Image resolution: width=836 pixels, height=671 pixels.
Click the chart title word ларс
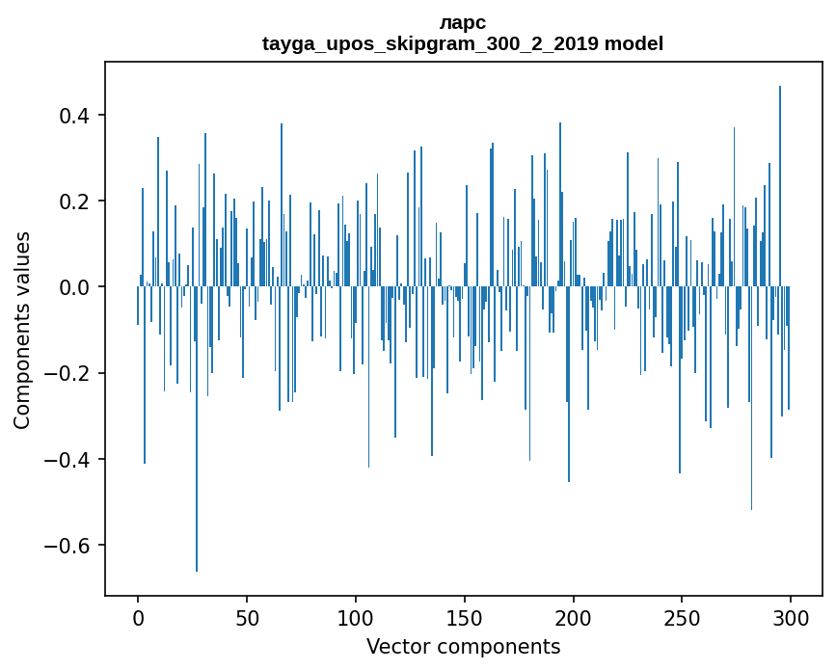click(463, 22)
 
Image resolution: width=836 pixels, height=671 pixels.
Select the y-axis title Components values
click(22, 330)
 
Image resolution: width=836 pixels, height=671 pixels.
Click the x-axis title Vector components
click(463, 646)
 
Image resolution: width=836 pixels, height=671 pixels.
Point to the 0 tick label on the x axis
click(138, 617)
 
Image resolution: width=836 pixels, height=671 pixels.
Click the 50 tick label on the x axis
click(247, 617)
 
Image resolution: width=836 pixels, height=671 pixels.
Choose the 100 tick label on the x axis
click(356, 617)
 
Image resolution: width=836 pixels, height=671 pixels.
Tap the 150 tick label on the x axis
click(465, 617)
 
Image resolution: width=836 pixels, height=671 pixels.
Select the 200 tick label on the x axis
click(574, 617)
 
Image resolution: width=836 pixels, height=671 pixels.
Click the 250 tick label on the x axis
click(683, 617)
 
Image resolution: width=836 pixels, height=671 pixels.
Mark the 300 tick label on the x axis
click(792, 617)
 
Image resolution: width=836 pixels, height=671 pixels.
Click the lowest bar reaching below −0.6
click(197, 434)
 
